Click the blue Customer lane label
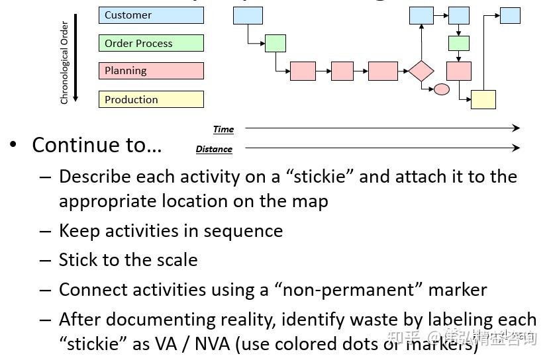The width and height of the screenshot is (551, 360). pyautogui.click(x=151, y=15)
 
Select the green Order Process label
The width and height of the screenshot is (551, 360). pyautogui.click(x=151, y=43)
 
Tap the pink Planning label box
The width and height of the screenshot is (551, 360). pyautogui.click(x=151, y=71)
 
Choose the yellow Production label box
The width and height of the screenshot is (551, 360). pyautogui.click(x=151, y=99)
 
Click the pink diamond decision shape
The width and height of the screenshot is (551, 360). pyautogui.click(x=421, y=71)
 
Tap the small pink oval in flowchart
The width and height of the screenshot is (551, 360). pyautogui.click(x=441, y=89)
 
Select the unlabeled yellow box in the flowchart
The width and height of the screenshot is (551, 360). pyautogui.click(x=483, y=99)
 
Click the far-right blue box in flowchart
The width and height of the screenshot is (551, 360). pyautogui.click(x=510, y=15)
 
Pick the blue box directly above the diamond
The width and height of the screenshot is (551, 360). pyautogui.click(x=421, y=15)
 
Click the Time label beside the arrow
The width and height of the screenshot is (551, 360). pyautogui.click(x=223, y=129)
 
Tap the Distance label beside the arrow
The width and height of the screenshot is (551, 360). pyautogui.click(x=214, y=149)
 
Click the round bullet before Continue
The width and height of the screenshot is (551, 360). pyautogui.click(x=13, y=145)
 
